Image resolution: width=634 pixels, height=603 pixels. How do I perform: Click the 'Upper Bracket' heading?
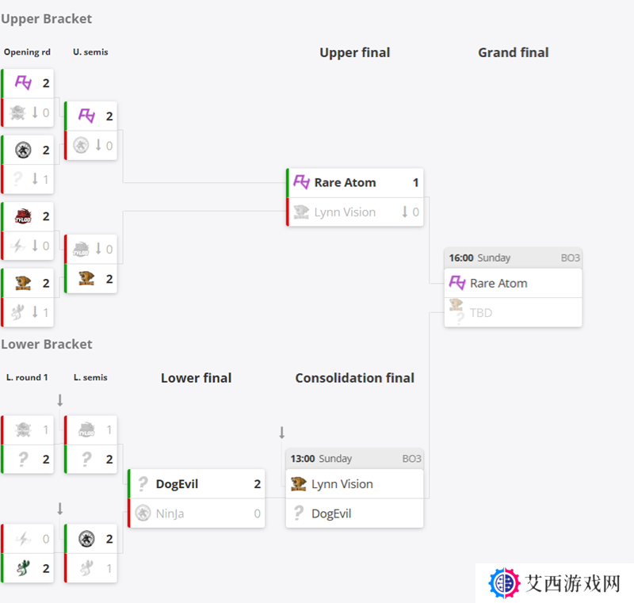pos(47,19)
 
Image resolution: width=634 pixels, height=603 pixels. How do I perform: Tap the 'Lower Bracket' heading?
pos(47,345)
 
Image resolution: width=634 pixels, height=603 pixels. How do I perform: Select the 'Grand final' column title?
pos(513,52)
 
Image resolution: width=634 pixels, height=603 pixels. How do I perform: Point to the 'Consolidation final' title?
pos(354,378)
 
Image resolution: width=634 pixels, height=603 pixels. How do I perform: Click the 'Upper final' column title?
pos(354,52)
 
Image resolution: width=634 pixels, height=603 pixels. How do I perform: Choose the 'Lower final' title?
pos(196,378)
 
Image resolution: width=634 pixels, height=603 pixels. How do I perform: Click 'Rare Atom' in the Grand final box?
pos(498,284)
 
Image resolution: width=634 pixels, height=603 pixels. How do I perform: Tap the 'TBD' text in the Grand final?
pos(481,313)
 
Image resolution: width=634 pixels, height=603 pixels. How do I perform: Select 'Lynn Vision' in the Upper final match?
pos(345,212)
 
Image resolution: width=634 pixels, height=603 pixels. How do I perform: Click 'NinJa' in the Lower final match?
pos(170,513)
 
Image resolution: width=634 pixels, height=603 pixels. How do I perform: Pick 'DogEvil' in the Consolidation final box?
pos(331,513)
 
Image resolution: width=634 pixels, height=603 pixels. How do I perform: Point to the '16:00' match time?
pos(461,258)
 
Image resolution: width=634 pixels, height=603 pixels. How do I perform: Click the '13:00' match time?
pos(303,459)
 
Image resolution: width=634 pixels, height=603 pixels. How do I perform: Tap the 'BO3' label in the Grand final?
pos(570,258)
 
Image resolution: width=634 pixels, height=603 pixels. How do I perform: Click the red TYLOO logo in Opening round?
pos(23,216)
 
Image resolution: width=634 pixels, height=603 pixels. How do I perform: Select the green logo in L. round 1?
pos(23,568)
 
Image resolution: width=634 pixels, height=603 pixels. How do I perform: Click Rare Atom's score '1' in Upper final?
pos(415,183)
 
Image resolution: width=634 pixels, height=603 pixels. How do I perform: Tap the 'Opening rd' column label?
pos(27,52)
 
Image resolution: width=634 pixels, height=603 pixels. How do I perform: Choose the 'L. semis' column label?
pos(90,377)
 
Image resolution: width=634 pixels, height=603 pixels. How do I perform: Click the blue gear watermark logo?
pos(504,583)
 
